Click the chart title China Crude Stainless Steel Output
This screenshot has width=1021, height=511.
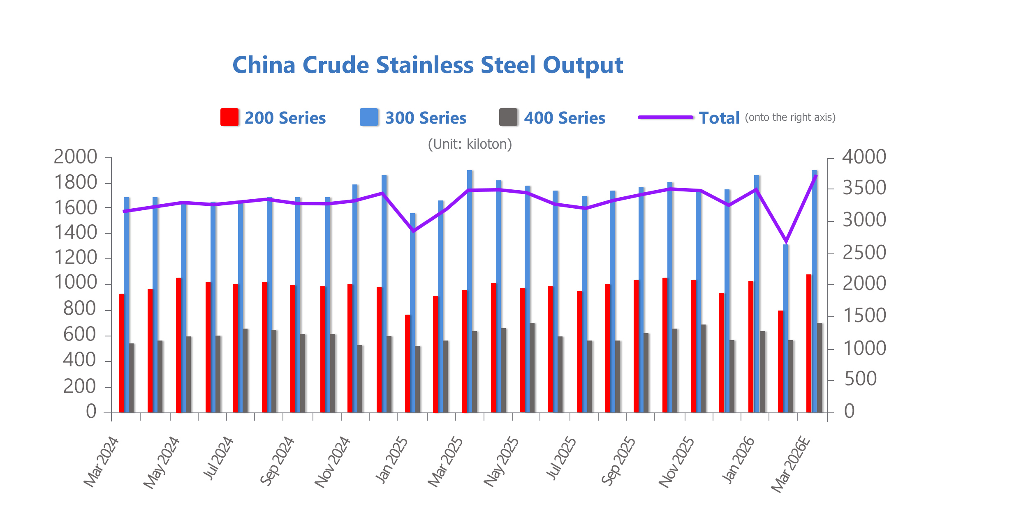428,65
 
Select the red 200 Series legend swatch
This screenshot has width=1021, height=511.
229,117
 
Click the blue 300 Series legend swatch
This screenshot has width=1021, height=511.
368,117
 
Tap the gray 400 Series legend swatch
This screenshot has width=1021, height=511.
508,117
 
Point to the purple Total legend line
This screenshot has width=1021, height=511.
665,117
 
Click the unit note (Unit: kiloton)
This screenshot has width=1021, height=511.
470,144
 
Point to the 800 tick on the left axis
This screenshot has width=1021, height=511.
80,309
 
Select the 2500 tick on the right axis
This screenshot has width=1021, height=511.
864,253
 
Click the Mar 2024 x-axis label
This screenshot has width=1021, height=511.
101,462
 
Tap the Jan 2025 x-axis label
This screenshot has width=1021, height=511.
391,460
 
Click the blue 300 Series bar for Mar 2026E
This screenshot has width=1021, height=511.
814,288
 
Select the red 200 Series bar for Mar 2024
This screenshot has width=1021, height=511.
121,353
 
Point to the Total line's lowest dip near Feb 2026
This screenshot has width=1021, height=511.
786,241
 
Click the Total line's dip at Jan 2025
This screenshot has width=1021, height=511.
413,231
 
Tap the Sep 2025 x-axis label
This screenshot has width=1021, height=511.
618,461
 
